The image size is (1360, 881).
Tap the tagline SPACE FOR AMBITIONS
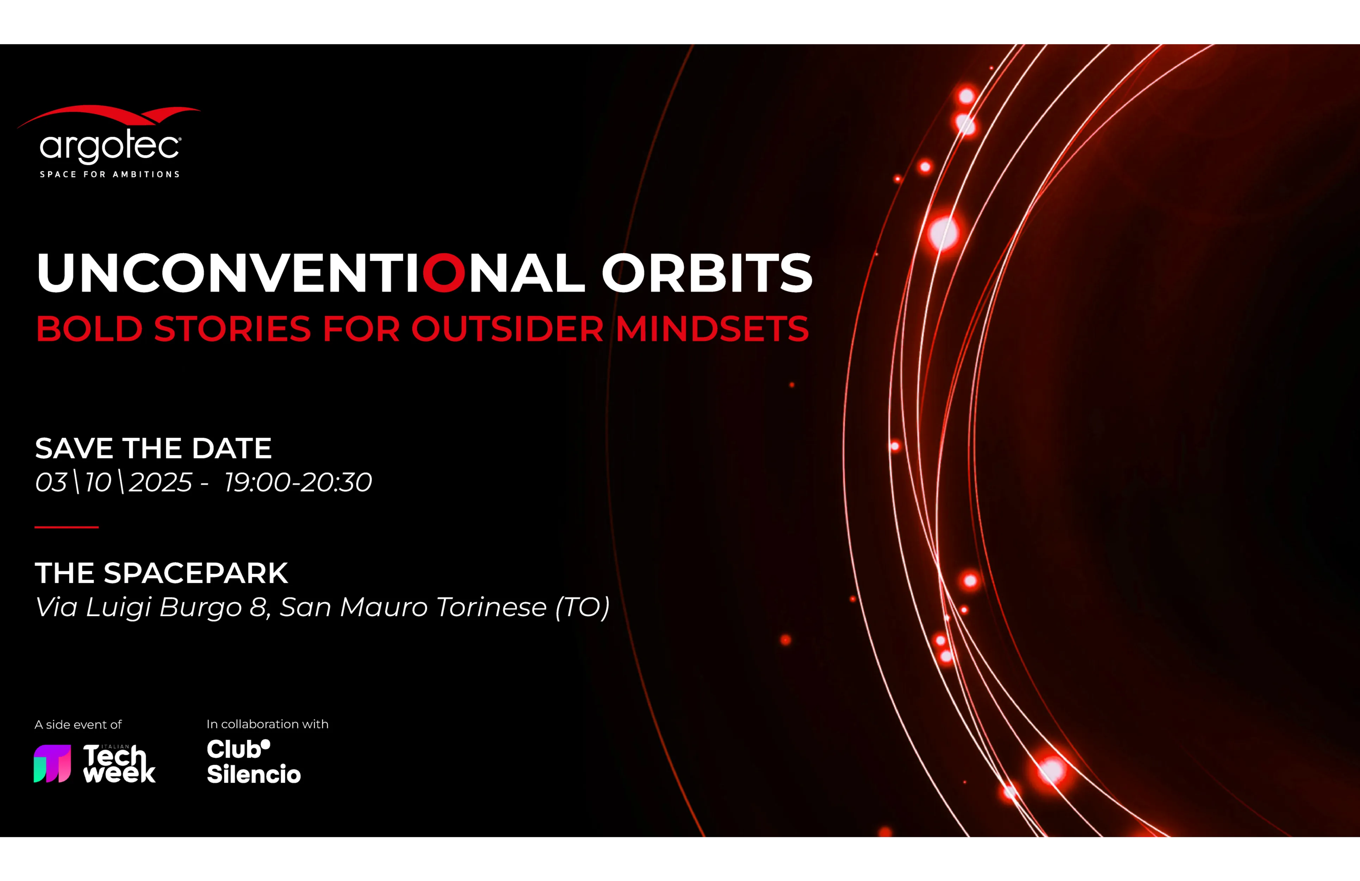[109, 174]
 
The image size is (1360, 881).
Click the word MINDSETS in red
[712, 329]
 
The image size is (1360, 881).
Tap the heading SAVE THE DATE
[153, 448]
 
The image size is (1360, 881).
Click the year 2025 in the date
[161, 482]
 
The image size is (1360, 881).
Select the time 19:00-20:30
[298, 482]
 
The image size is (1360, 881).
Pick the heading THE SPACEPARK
[162, 573]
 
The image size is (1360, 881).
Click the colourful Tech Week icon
[52, 763]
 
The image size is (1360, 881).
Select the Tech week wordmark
[119, 763]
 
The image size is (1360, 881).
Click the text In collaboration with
[267, 724]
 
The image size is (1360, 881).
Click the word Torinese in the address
[491, 606]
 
